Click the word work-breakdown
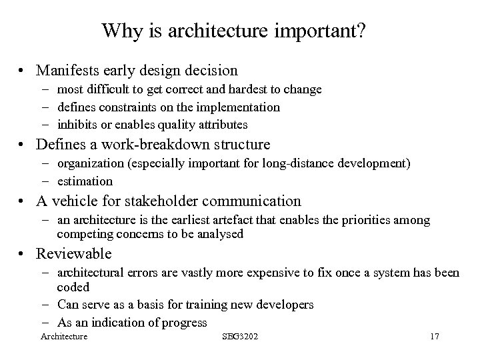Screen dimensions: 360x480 coord(168,144)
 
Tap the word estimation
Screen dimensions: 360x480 coord(85,181)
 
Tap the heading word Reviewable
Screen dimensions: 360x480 coord(74,254)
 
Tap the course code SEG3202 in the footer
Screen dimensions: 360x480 coord(239,337)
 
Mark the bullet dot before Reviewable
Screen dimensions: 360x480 coord(23,255)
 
